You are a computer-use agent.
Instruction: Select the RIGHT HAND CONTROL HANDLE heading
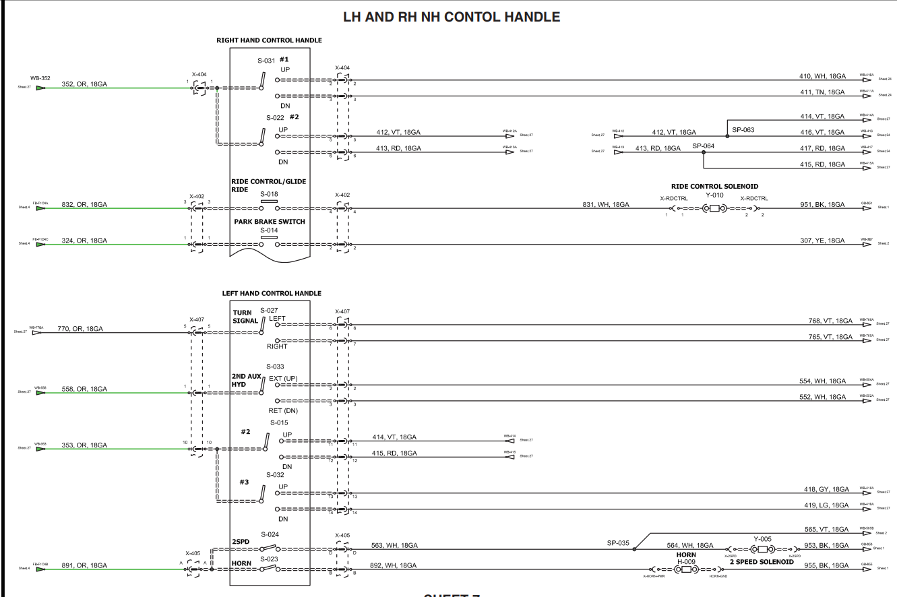269,40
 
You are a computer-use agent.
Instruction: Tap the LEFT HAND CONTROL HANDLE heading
272,294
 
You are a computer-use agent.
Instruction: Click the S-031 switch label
266,61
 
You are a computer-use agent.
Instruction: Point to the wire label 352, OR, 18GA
84,84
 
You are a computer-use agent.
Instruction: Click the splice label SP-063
743,129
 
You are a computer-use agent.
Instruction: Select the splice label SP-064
703,146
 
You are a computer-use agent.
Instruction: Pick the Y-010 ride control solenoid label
715,195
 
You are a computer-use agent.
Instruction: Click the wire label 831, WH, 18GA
606,204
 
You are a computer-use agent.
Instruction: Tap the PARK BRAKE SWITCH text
269,222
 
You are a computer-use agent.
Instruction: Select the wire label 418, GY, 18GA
826,489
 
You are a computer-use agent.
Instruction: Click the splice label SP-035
617,542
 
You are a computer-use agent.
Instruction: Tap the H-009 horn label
686,561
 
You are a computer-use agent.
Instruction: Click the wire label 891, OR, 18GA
84,565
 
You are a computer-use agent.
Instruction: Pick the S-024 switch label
270,534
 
